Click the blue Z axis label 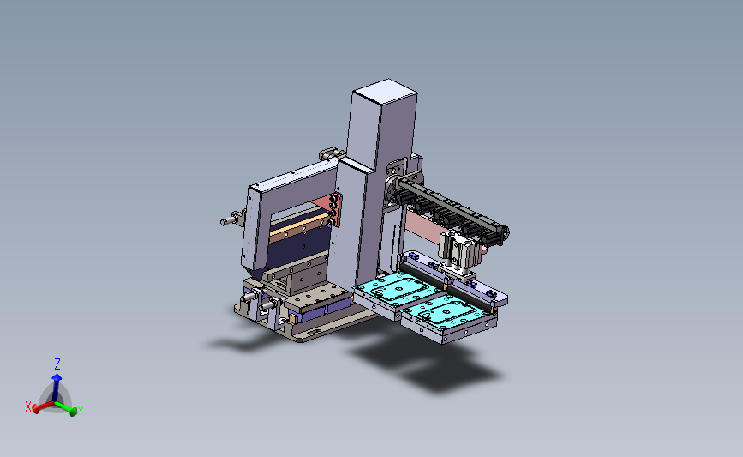pos(57,364)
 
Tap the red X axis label pos(28,406)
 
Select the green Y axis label pos(81,411)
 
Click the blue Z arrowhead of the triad pos(57,377)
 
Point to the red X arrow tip pos(36,409)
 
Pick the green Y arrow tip pos(74,411)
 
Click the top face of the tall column pos(386,91)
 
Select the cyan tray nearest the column pos(398,287)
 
